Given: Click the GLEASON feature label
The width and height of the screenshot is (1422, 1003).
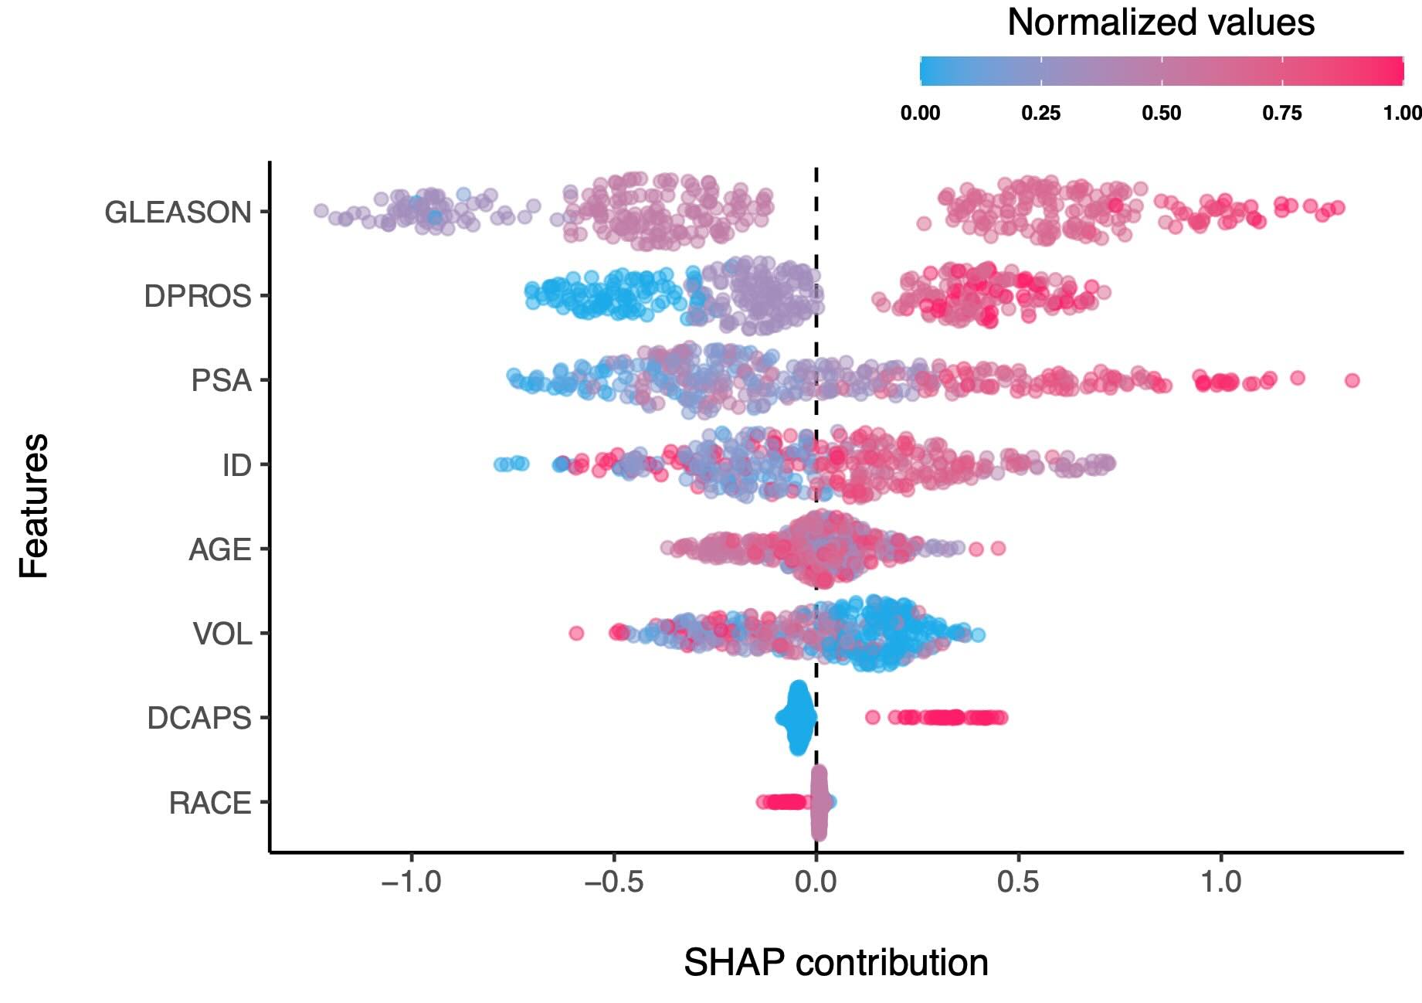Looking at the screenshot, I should tap(178, 212).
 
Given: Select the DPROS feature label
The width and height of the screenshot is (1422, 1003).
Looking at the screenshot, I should tap(198, 297).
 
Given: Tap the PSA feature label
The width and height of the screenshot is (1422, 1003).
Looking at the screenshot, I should tap(222, 381).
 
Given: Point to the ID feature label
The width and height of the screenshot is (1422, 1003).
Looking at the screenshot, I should tap(236, 465).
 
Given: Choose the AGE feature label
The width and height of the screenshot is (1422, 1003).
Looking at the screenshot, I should tap(220, 549).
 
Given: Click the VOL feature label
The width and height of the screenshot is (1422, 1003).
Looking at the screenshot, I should tap(222, 634).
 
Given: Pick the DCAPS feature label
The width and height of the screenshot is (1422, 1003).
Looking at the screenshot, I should tap(199, 719).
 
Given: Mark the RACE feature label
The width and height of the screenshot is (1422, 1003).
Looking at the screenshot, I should tap(210, 804).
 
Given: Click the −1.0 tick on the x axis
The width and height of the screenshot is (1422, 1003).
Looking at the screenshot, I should tap(411, 882).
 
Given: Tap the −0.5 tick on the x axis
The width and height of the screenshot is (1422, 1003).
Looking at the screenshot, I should tap(613, 882).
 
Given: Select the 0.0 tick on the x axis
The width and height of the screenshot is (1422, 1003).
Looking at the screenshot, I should tap(816, 882).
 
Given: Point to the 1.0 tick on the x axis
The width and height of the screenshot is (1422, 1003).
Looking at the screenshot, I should tap(1221, 882).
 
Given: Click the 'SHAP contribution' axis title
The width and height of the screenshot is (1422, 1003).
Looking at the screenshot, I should tap(836, 963).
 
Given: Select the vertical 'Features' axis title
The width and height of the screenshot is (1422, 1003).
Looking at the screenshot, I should tap(35, 506).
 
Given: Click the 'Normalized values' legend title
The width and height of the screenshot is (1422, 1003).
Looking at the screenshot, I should tap(1161, 22).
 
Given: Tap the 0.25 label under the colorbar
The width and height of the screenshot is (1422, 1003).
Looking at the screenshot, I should tap(1040, 114).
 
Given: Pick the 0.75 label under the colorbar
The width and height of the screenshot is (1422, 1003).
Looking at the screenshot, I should tap(1282, 114).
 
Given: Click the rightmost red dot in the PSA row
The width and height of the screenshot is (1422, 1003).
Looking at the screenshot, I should tap(1352, 380).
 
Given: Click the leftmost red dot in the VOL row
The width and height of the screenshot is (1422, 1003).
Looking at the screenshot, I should tap(576, 634).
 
